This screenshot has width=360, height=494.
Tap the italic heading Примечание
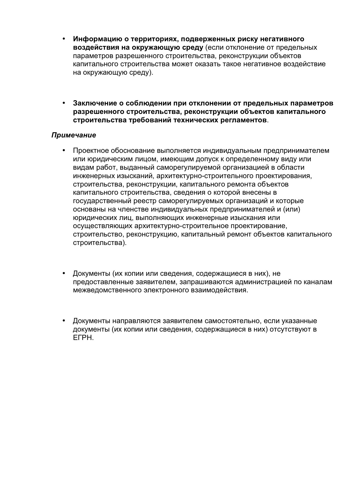coord(74,135)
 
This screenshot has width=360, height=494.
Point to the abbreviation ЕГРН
coord(83,338)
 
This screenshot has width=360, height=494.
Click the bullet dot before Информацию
coord(64,39)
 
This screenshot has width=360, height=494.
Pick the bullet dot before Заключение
coord(64,103)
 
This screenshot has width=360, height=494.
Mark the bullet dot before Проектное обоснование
coord(64,151)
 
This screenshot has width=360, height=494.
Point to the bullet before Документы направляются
coord(64,321)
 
